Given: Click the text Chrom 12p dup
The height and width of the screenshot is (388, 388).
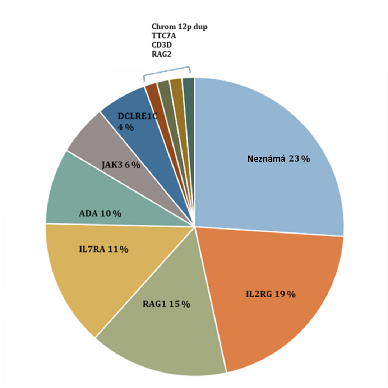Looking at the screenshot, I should tap(179, 27).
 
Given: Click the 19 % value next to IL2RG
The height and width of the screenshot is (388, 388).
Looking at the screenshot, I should tap(285, 294).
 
